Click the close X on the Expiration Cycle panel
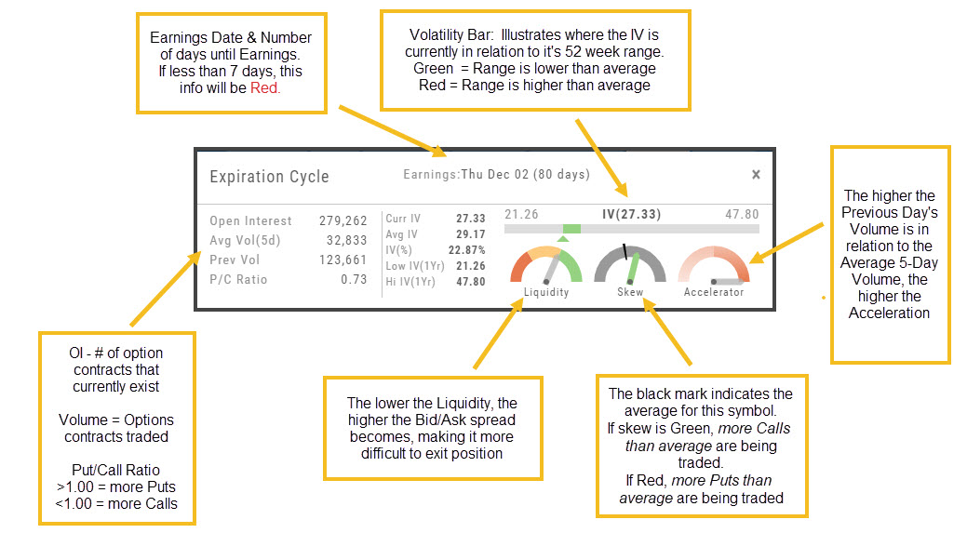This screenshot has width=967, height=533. coord(756,174)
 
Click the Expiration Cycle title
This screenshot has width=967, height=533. coord(269,176)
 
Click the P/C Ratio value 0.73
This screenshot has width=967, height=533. coord(353,279)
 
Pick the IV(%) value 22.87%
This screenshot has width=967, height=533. coord(463,250)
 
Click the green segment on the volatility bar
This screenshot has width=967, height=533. coord(571,229)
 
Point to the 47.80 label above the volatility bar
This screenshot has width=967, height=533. coord(742,214)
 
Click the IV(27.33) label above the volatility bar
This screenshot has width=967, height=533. coord(631,214)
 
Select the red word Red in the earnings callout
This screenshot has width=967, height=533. coord(265,88)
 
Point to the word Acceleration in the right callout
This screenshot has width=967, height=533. coord(889,313)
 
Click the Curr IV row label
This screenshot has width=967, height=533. coord(403,219)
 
